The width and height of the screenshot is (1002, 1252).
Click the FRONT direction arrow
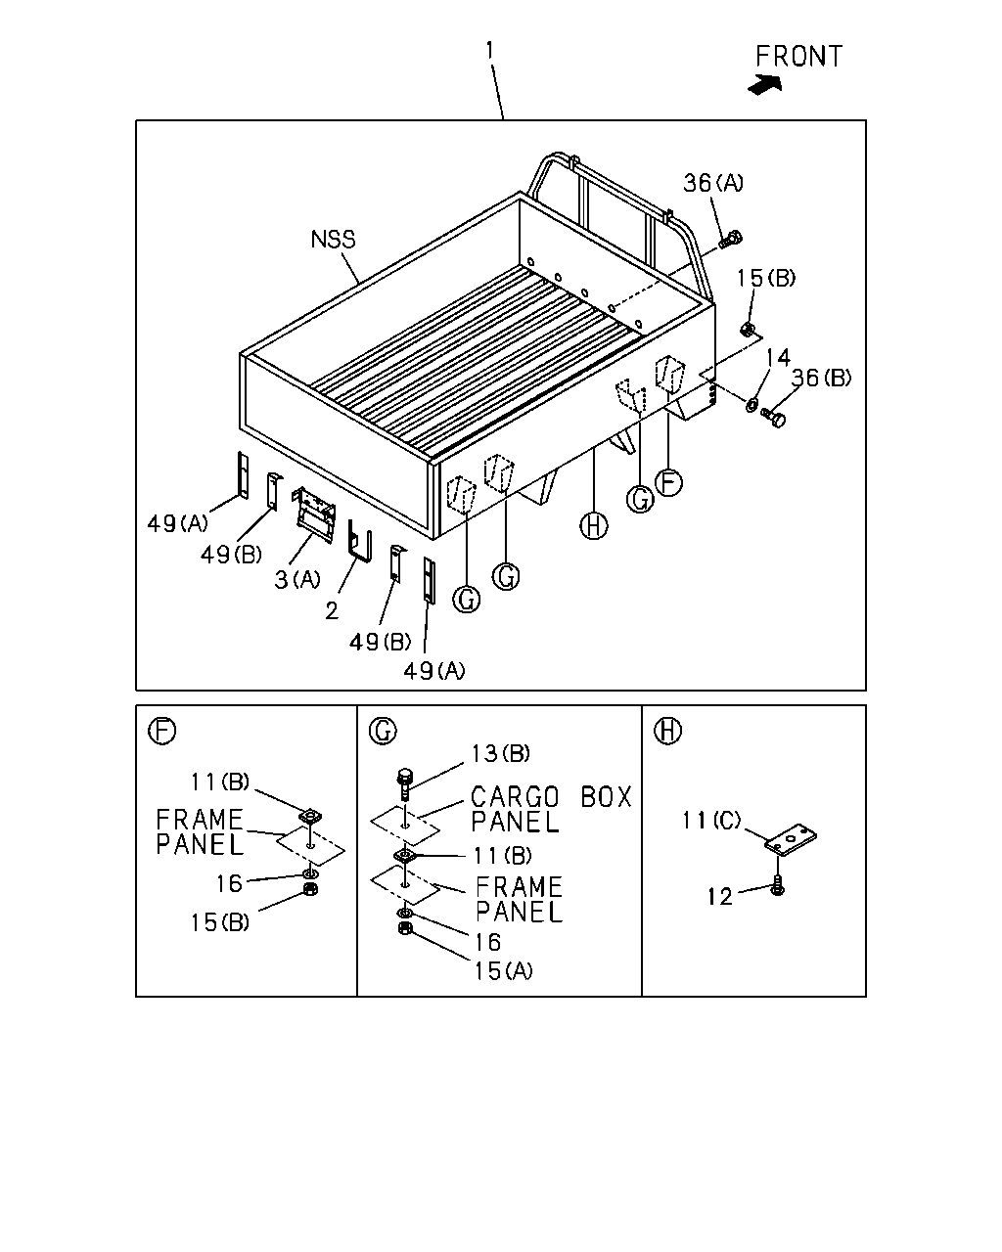[765, 85]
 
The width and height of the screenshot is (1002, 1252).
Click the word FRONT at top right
[798, 57]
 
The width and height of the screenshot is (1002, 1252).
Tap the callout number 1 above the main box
[490, 50]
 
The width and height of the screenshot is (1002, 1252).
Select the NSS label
[333, 239]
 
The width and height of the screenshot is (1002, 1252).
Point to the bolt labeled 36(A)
[731, 239]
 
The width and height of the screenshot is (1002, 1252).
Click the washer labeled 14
[751, 404]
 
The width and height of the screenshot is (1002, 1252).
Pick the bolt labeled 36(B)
[774, 417]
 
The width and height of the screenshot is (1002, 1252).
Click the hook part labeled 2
[360, 541]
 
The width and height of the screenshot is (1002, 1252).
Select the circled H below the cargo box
[593, 526]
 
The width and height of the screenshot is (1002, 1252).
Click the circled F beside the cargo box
[669, 482]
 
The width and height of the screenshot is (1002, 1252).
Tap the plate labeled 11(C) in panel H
[791, 839]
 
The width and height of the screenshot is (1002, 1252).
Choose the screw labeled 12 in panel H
[777, 885]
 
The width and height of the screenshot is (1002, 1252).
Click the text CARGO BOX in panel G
[551, 797]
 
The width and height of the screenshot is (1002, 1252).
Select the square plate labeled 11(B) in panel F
[311, 816]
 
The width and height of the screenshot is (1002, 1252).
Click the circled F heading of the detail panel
[161, 731]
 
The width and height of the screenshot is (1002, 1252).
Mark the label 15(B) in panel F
[220, 922]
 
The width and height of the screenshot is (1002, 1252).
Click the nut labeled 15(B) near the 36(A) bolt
[747, 330]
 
